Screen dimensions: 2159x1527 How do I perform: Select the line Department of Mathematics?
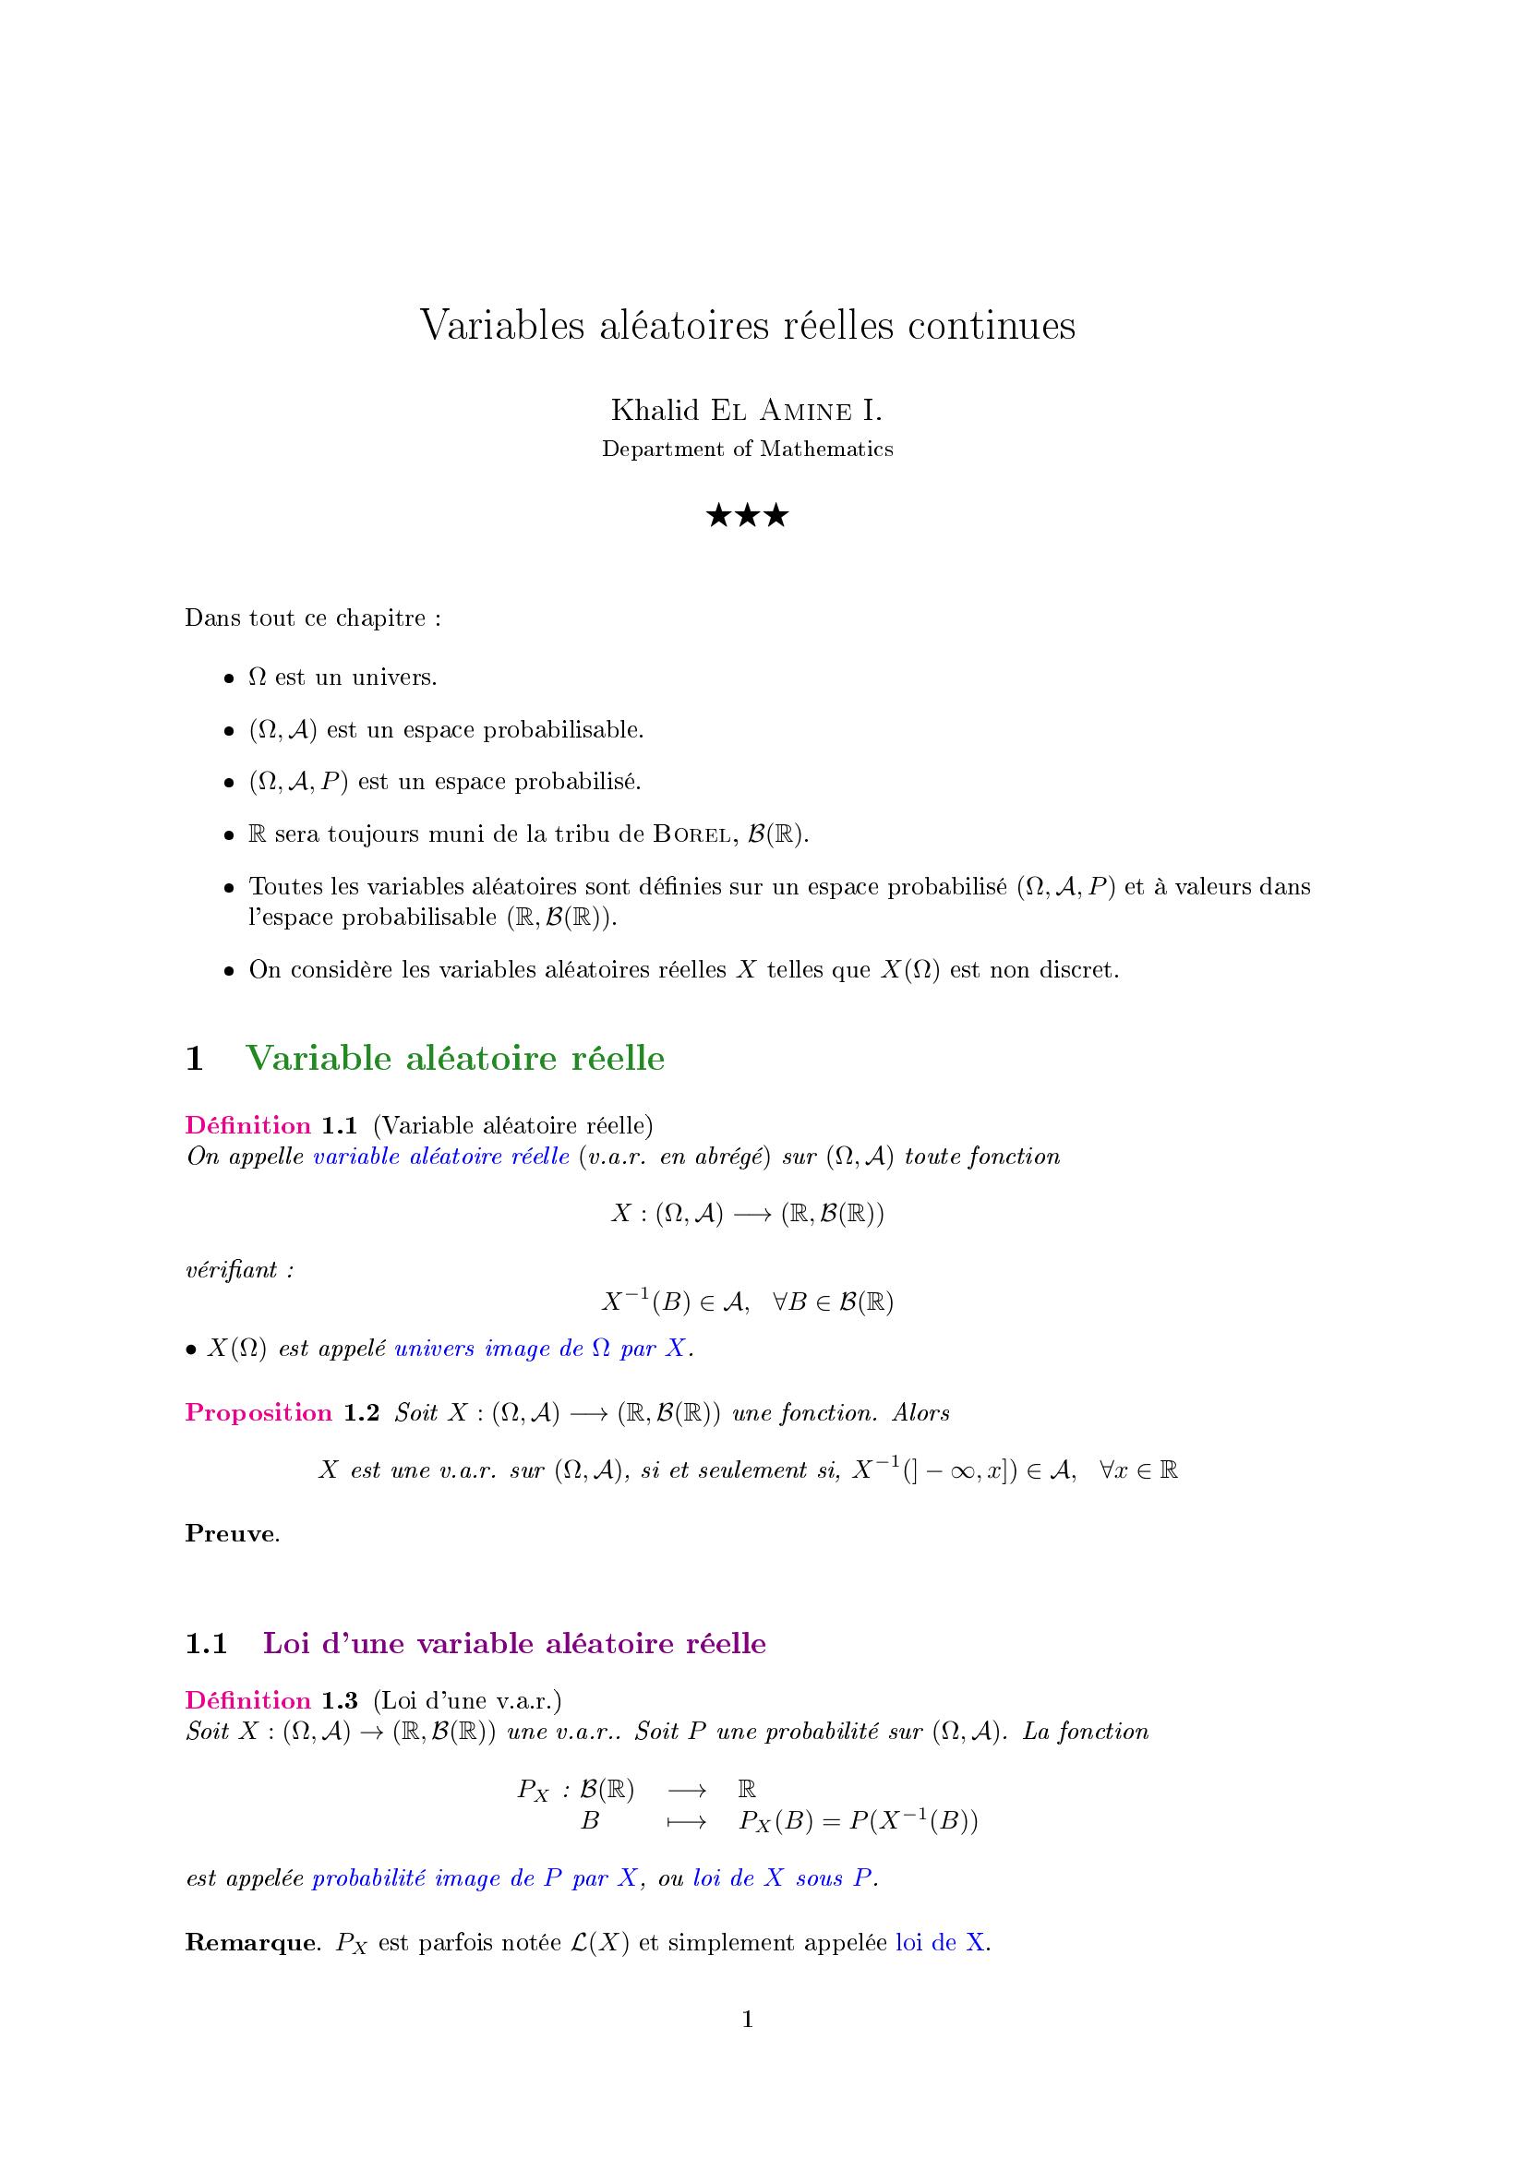748,450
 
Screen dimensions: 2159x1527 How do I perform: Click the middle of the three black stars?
748,515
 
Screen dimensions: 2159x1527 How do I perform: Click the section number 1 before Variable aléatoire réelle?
196,1059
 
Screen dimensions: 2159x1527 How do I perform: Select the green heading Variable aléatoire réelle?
455,1059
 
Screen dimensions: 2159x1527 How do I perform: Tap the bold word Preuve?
231,1534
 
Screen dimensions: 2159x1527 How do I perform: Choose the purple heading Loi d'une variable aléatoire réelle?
514,1644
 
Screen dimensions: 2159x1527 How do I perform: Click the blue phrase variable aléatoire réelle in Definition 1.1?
441,1157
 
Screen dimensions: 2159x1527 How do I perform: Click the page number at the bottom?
748,2021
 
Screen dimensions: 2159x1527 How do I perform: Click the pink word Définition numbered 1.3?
248,1701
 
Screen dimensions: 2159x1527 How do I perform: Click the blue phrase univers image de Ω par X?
542,1349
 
